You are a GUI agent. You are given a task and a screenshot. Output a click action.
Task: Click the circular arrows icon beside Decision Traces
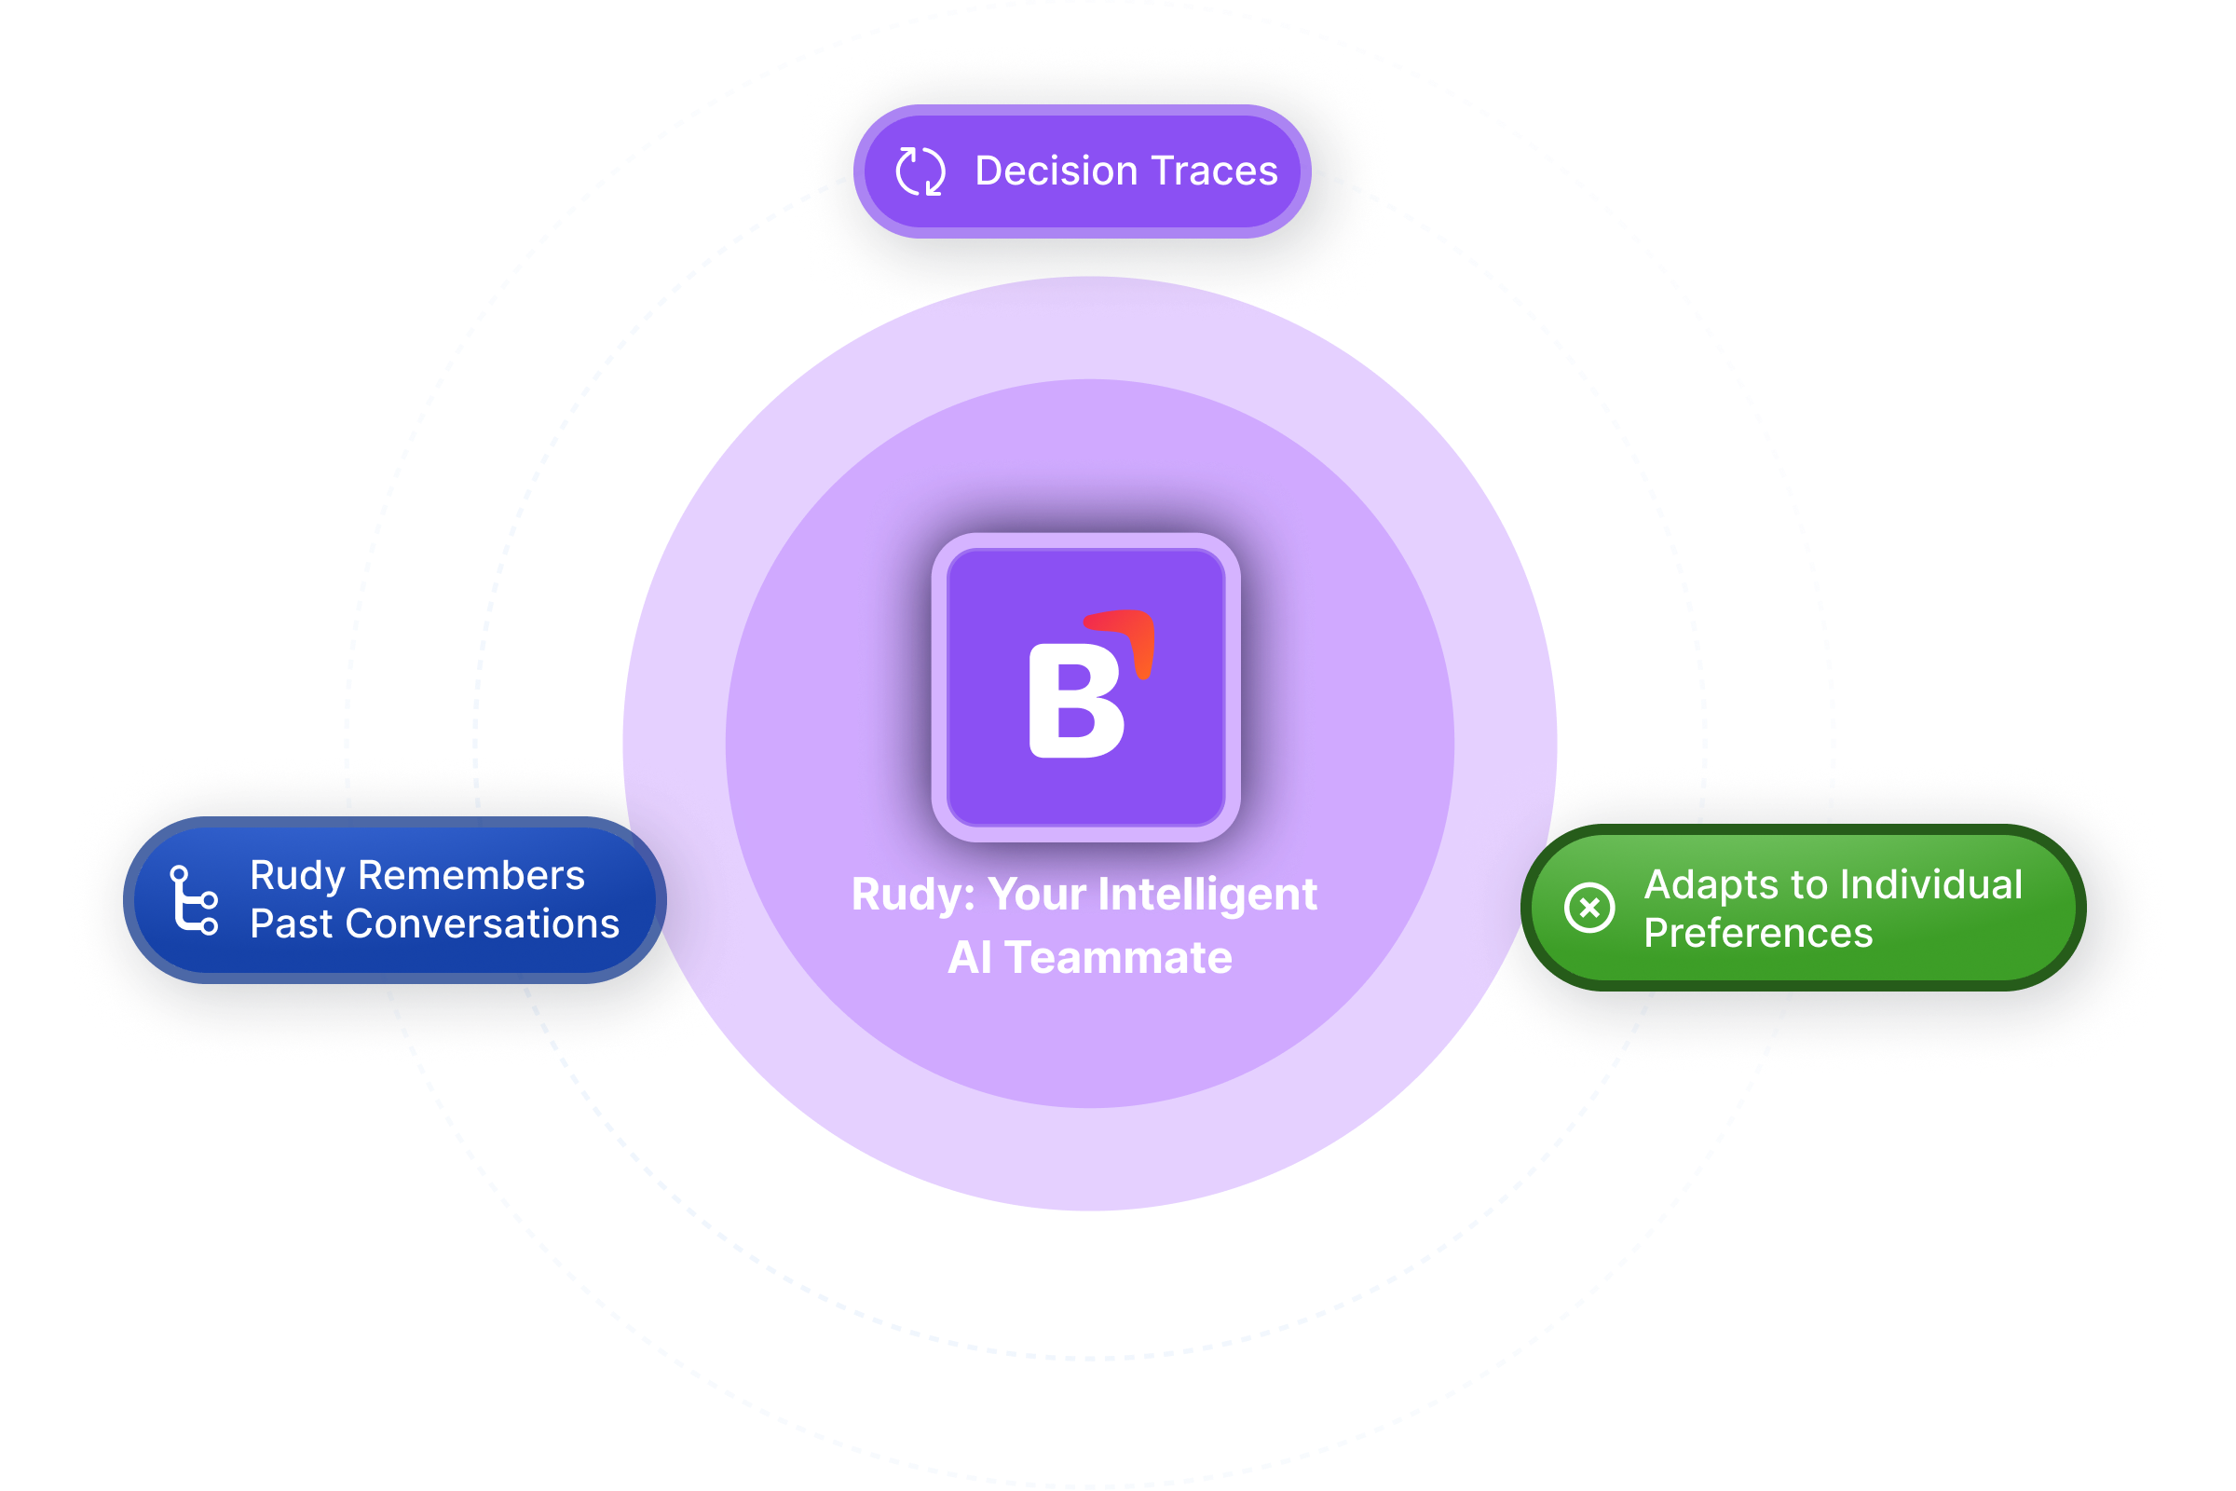(x=920, y=171)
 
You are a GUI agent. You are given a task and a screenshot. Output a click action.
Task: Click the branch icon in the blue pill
(x=194, y=899)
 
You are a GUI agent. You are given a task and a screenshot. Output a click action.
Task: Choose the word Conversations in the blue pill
(x=482, y=924)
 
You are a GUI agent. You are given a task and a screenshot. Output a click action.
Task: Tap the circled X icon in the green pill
(x=1588, y=907)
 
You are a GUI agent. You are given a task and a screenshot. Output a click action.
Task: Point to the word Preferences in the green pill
(x=1758, y=934)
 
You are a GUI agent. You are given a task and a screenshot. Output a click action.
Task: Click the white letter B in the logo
(x=1075, y=702)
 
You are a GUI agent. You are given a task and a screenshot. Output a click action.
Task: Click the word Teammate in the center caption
(x=1118, y=958)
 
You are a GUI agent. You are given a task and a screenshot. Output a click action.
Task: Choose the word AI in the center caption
(x=970, y=958)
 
